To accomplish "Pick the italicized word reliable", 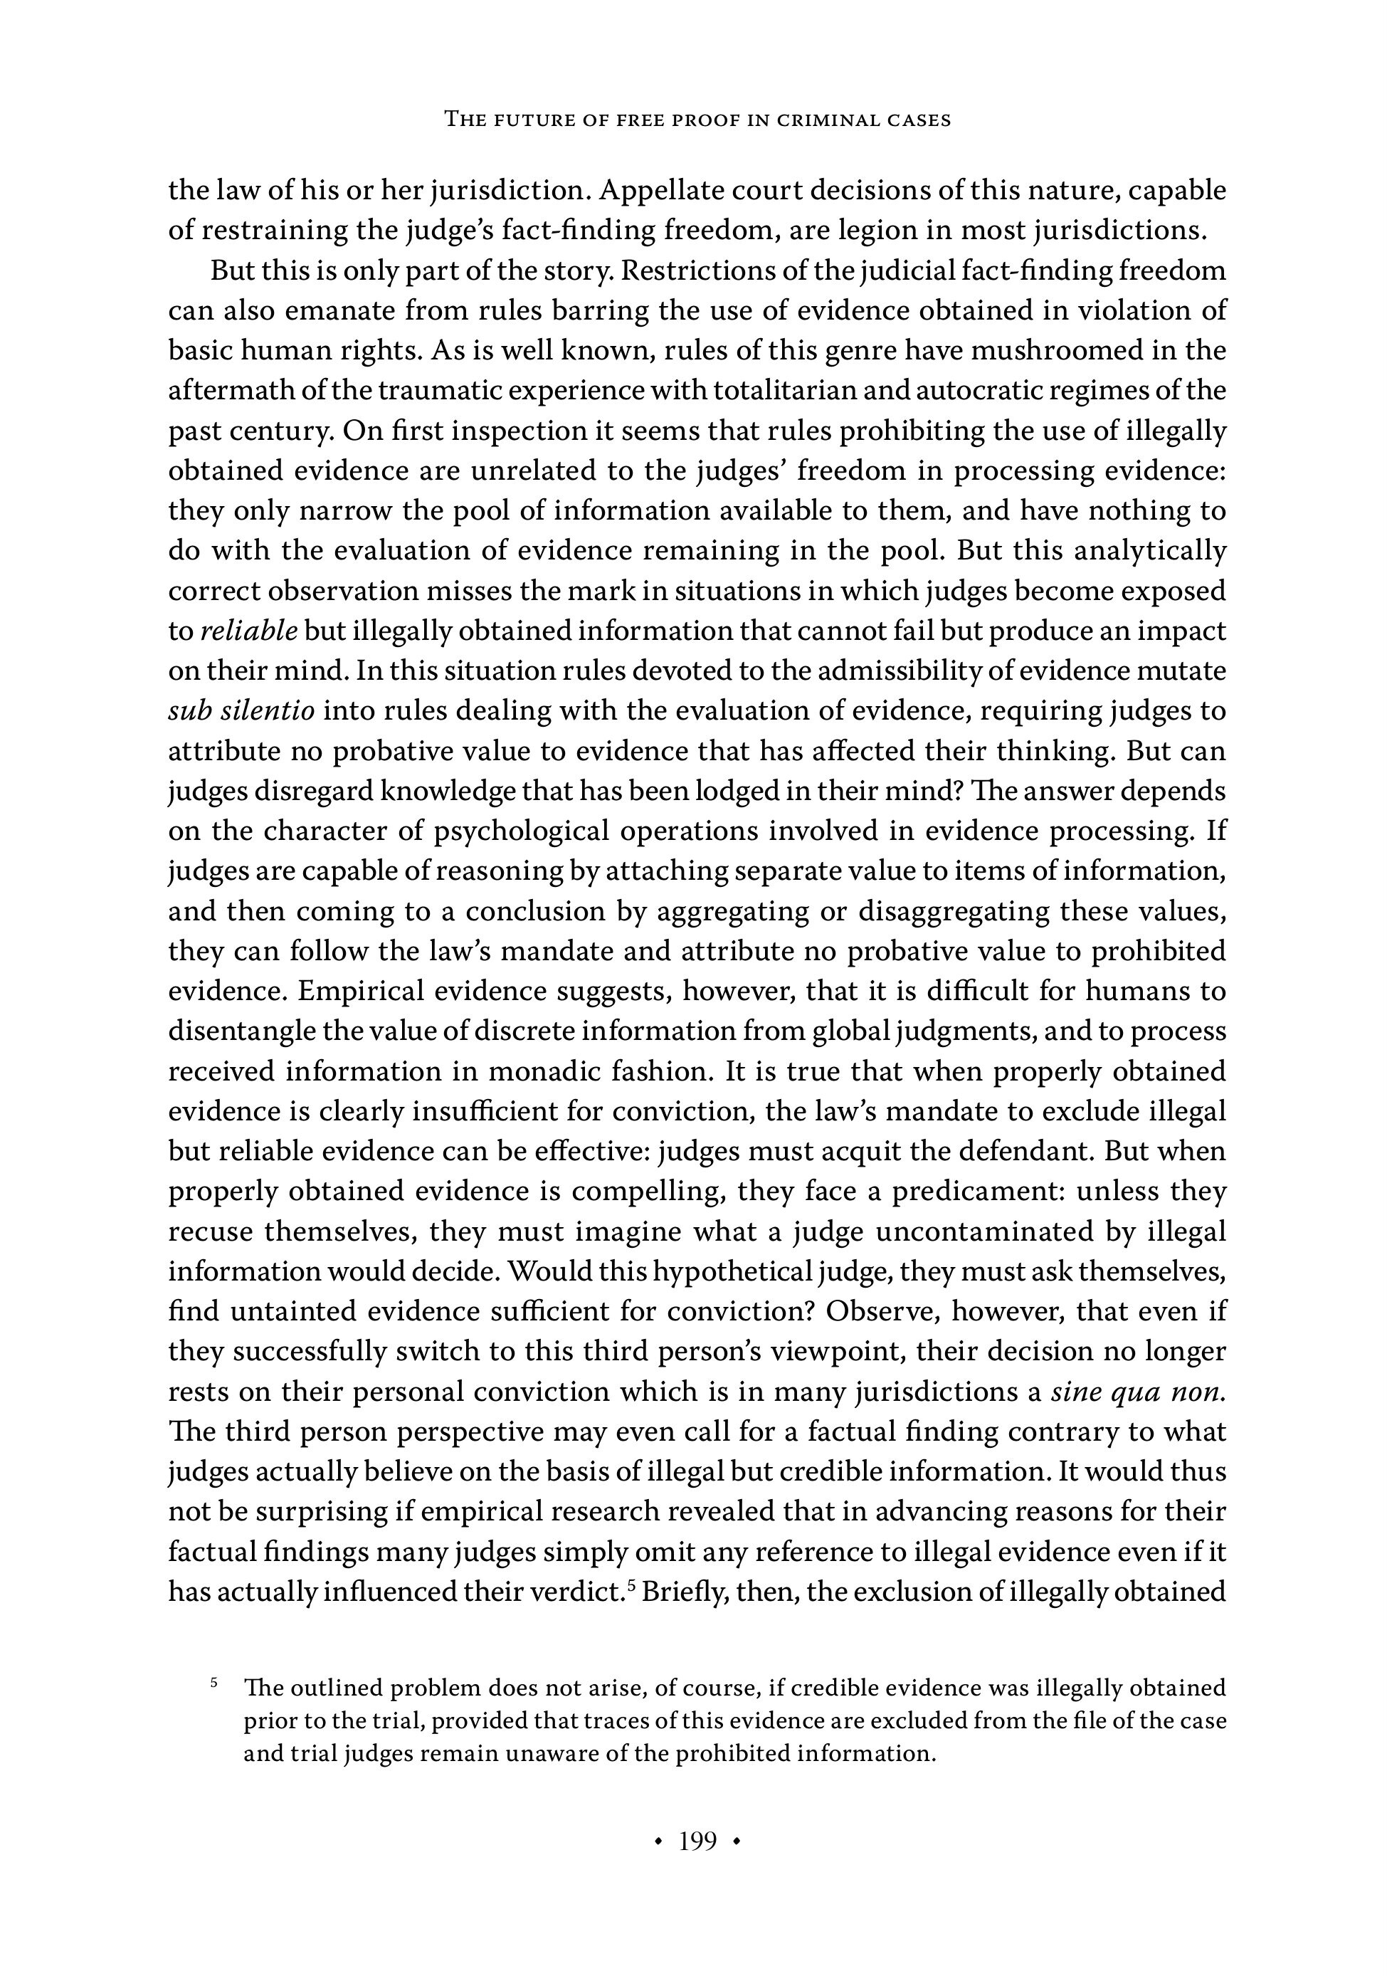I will tap(248, 631).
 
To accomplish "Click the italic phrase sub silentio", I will tap(242, 711).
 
